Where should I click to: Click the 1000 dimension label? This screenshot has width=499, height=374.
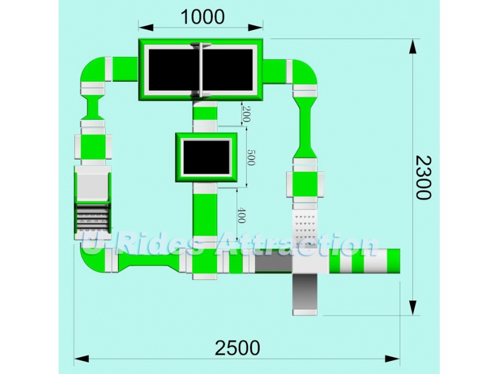point(202,17)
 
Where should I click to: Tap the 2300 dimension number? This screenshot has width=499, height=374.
point(424,178)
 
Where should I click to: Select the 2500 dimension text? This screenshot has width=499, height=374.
point(238,348)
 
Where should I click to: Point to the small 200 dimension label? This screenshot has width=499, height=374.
point(246,114)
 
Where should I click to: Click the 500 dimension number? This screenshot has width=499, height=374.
point(251,157)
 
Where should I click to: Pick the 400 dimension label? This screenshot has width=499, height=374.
point(241,215)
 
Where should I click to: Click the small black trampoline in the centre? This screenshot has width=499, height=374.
point(206,158)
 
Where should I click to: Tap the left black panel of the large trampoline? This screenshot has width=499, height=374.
point(174,70)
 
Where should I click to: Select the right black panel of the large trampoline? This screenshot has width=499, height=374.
point(228,70)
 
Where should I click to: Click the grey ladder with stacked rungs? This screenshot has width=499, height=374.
point(93,218)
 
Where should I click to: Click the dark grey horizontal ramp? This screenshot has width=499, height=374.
point(273,264)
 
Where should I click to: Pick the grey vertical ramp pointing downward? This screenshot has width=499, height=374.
point(305,291)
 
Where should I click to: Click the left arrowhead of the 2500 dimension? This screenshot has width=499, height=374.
point(82,359)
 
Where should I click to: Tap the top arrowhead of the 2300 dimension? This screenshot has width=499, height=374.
point(413,47)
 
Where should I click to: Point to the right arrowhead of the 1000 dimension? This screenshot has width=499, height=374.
point(256,27)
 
